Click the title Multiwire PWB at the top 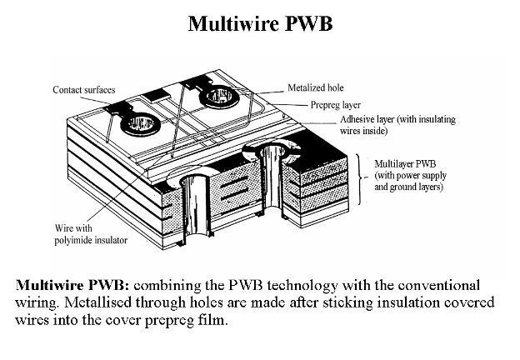tap(260, 22)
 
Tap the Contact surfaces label tap(82, 89)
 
